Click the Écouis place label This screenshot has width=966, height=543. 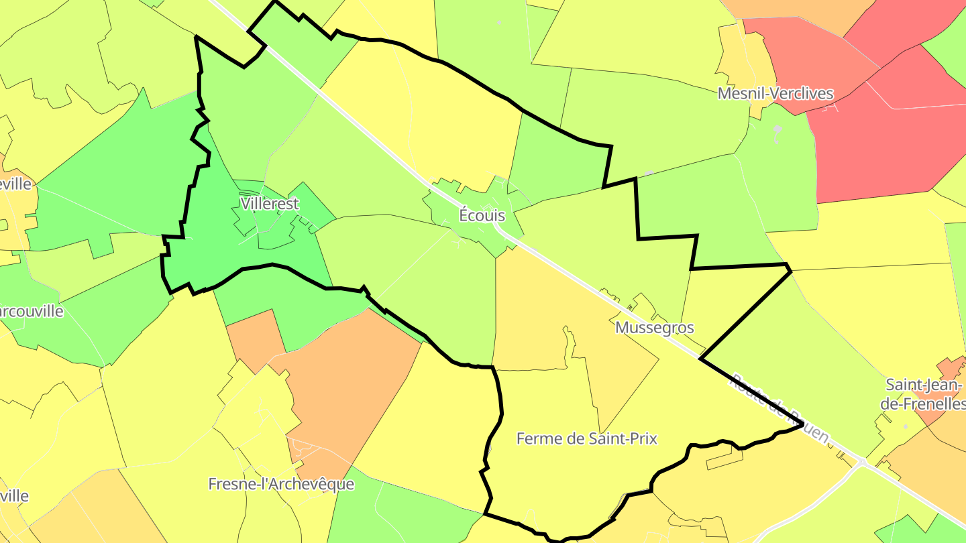[x=482, y=216]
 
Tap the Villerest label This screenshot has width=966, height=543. [x=269, y=204]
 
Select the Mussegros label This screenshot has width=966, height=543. [x=654, y=328]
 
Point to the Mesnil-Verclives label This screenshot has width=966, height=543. [x=775, y=93]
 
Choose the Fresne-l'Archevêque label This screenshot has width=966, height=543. [x=281, y=484]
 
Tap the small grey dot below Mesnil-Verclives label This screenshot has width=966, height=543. [x=777, y=128]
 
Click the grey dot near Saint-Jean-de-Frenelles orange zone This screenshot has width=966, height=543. [x=905, y=426]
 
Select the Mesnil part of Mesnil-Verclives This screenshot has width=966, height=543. [x=740, y=93]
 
